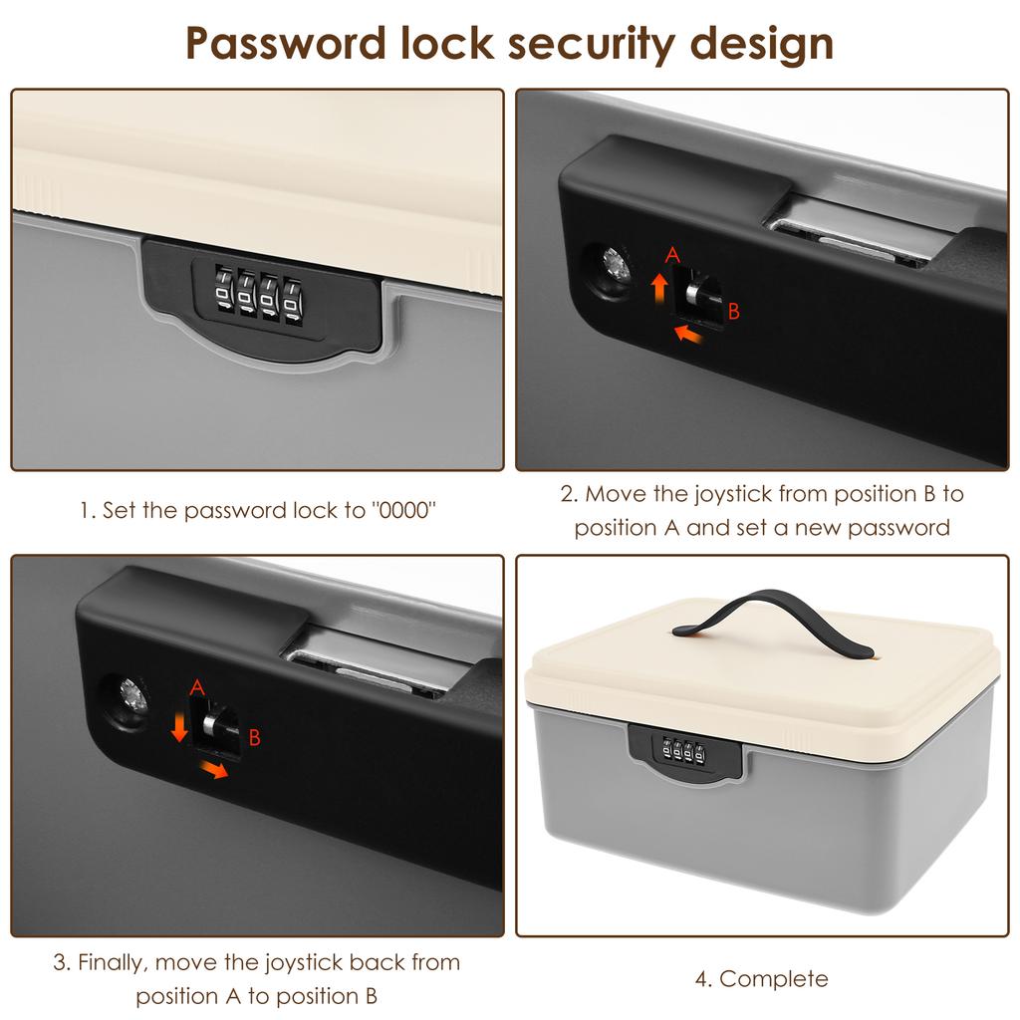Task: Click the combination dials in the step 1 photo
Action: pos(255,297)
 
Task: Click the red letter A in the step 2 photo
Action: pos(672,256)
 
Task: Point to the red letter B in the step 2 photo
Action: pos(734,312)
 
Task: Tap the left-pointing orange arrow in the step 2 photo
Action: pos(693,333)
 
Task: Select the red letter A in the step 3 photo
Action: pos(196,686)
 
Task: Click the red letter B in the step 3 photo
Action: pos(254,738)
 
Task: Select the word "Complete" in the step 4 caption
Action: pos(774,979)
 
